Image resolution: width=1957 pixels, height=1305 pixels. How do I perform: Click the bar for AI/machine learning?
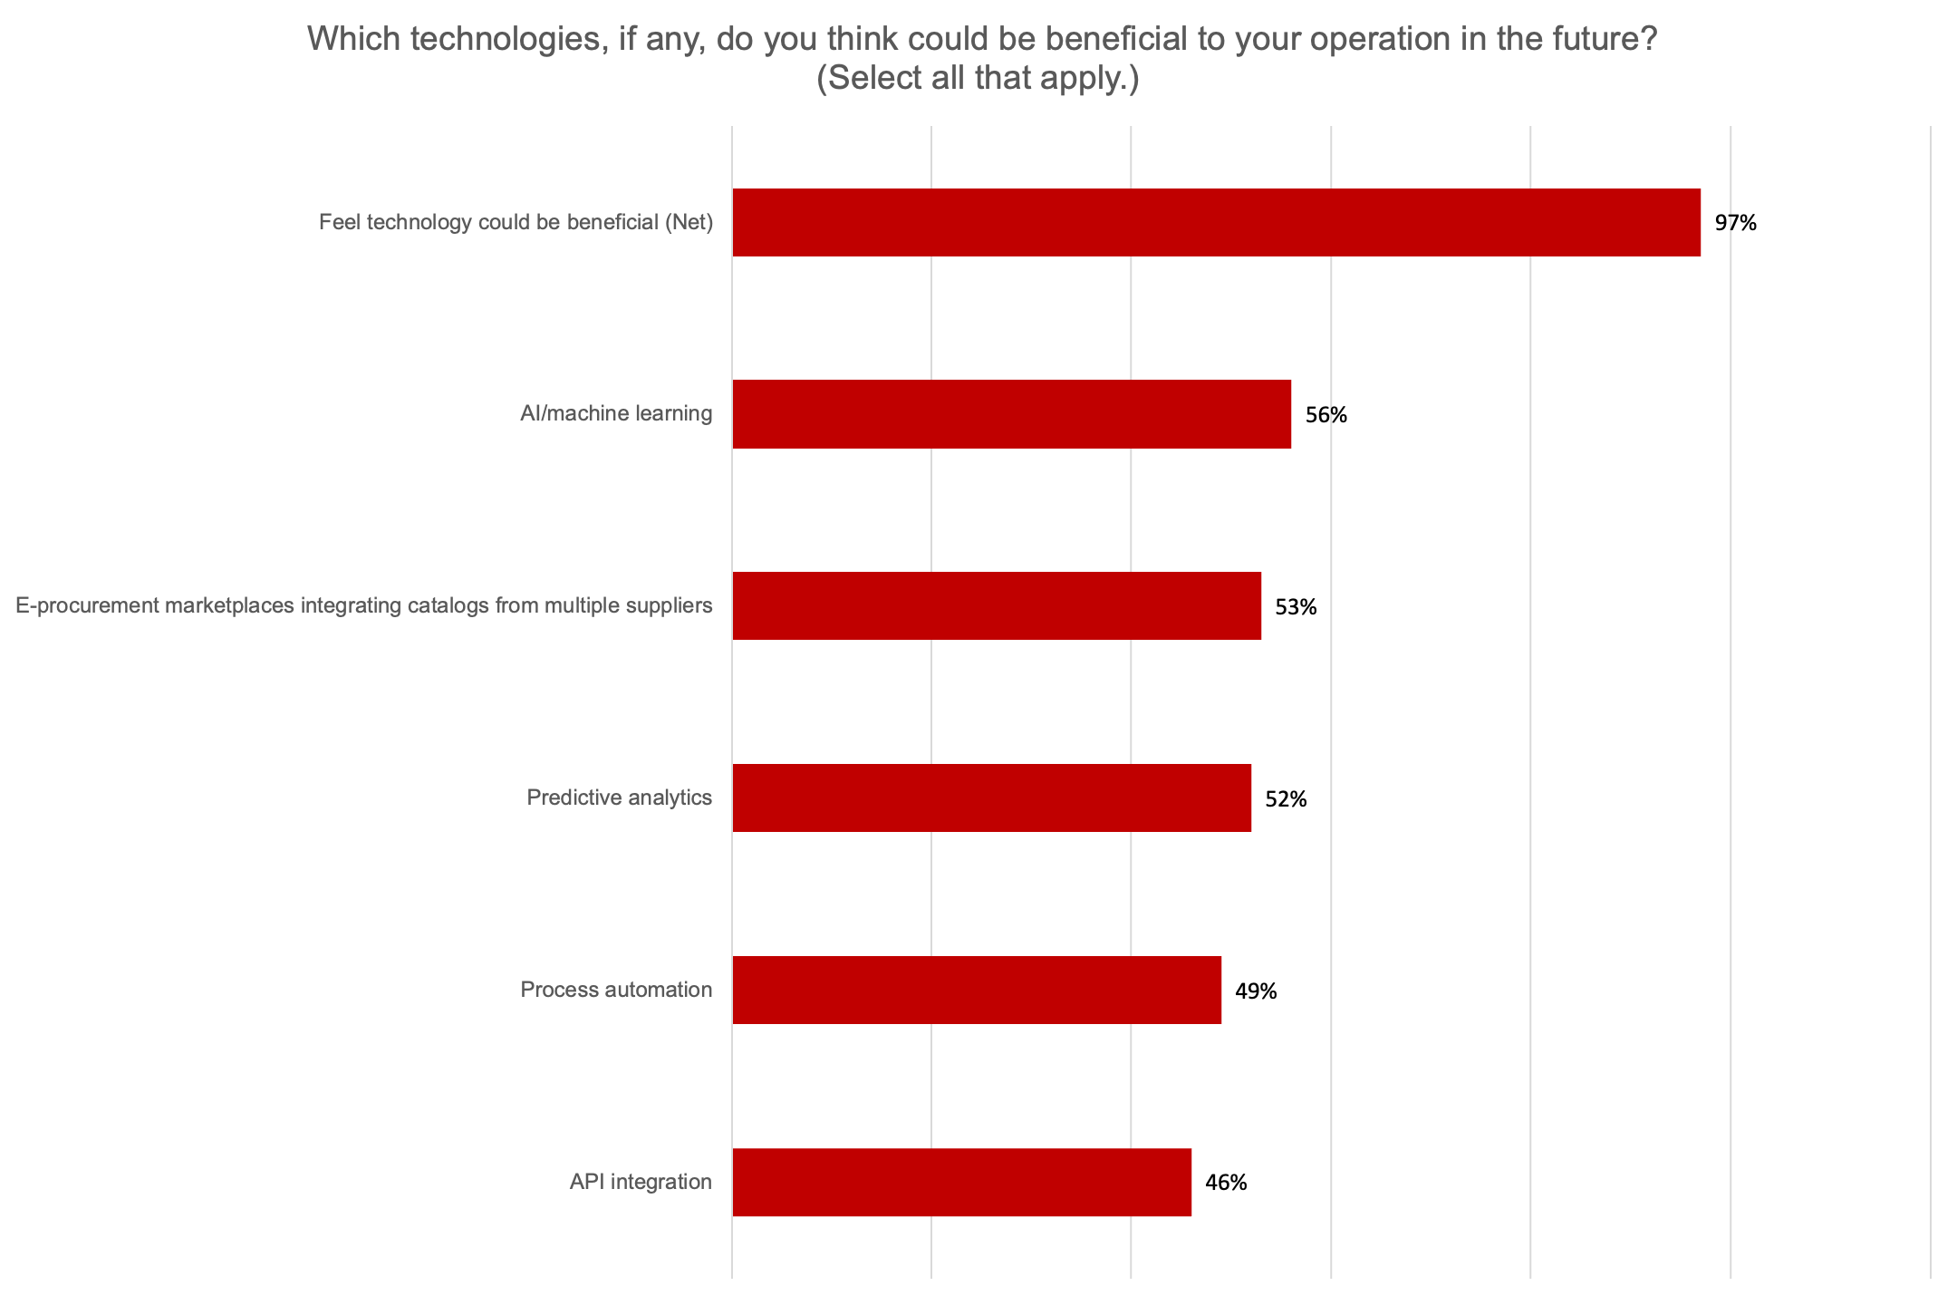pyautogui.click(x=1011, y=414)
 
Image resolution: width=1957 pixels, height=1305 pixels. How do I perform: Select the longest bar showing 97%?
pyautogui.click(x=1216, y=222)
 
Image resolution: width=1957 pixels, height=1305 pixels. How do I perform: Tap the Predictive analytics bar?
pyautogui.click(x=991, y=797)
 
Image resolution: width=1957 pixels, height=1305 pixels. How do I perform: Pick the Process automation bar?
pyautogui.click(x=977, y=990)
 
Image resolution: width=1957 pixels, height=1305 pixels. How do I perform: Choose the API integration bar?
pyautogui.click(x=961, y=1182)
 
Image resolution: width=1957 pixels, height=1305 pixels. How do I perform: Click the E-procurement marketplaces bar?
pyautogui.click(x=997, y=605)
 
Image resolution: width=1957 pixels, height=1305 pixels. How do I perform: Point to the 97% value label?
pyautogui.click(x=1735, y=223)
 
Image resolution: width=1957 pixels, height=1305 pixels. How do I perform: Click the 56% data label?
pyautogui.click(x=1326, y=415)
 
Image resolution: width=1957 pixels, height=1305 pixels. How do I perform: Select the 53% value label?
pyautogui.click(x=1296, y=607)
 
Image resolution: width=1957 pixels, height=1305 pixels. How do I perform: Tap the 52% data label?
pyautogui.click(x=1286, y=799)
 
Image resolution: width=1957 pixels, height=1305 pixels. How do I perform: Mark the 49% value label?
pyautogui.click(x=1256, y=991)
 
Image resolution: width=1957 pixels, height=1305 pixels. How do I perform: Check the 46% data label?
pyautogui.click(x=1226, y=1183)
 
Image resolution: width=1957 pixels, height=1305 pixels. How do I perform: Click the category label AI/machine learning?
pyautogui.click(x=616, y=414)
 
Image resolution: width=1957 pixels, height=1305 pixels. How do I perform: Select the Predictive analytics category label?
pyautogui.click(x=619, y=797)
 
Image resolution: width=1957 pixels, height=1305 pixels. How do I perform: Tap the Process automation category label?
pyautogui.click(x=616, y=990)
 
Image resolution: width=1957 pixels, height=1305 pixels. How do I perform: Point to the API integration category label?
pyautogui.click(x=641, y=1182)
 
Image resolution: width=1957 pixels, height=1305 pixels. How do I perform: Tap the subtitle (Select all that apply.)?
pyautogui.click(x=978, y=79)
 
